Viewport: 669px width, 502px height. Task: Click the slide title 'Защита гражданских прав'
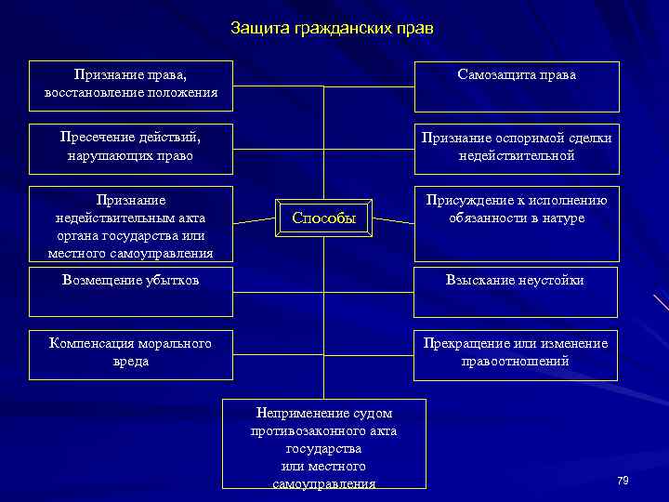[332, 29]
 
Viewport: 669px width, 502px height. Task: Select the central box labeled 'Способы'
[324, 218]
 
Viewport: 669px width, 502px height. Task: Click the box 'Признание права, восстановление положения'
[131, 84]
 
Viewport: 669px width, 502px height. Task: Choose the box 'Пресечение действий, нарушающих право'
[131, 147]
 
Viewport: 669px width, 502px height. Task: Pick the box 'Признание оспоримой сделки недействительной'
[517, 147]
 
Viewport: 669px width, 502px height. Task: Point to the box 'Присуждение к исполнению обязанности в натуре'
[517, 223]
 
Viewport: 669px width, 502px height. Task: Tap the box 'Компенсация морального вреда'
[131, 353]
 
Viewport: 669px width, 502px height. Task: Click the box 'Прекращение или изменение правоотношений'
[517, 353]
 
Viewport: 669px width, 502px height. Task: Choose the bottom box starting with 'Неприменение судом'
[324, 444]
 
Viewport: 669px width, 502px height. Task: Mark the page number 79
[623, 480]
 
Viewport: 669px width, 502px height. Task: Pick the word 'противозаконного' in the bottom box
[324, 430]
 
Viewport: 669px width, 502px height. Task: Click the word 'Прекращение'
[466, 344]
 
